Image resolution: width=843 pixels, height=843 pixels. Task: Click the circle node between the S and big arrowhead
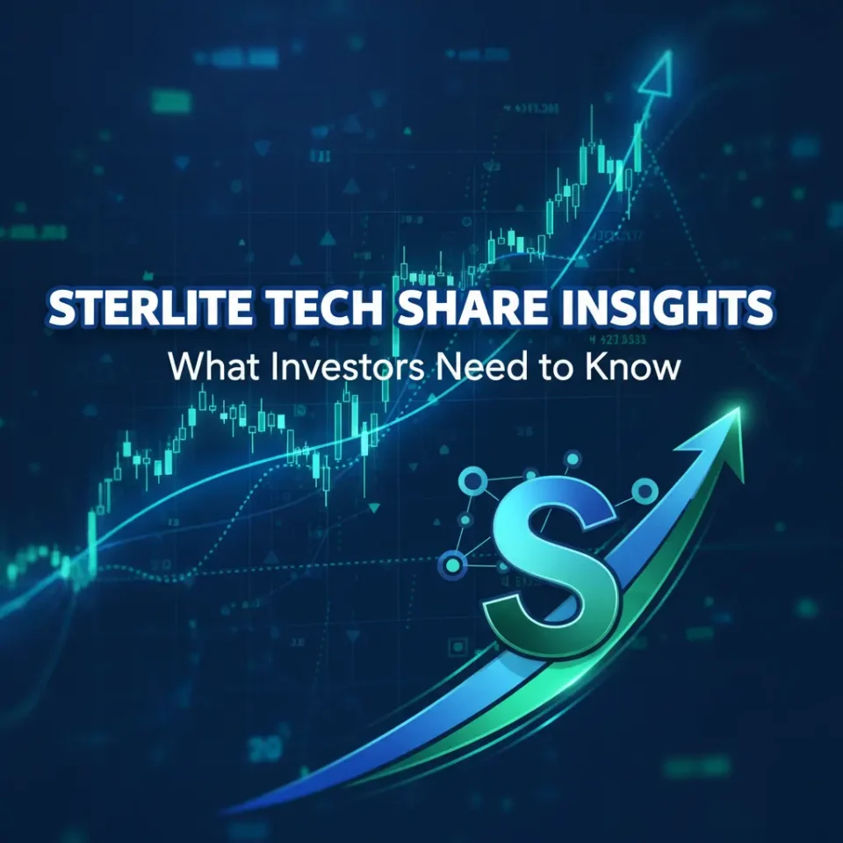point(645,490)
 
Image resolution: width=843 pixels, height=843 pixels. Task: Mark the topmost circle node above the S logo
point(573,458)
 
